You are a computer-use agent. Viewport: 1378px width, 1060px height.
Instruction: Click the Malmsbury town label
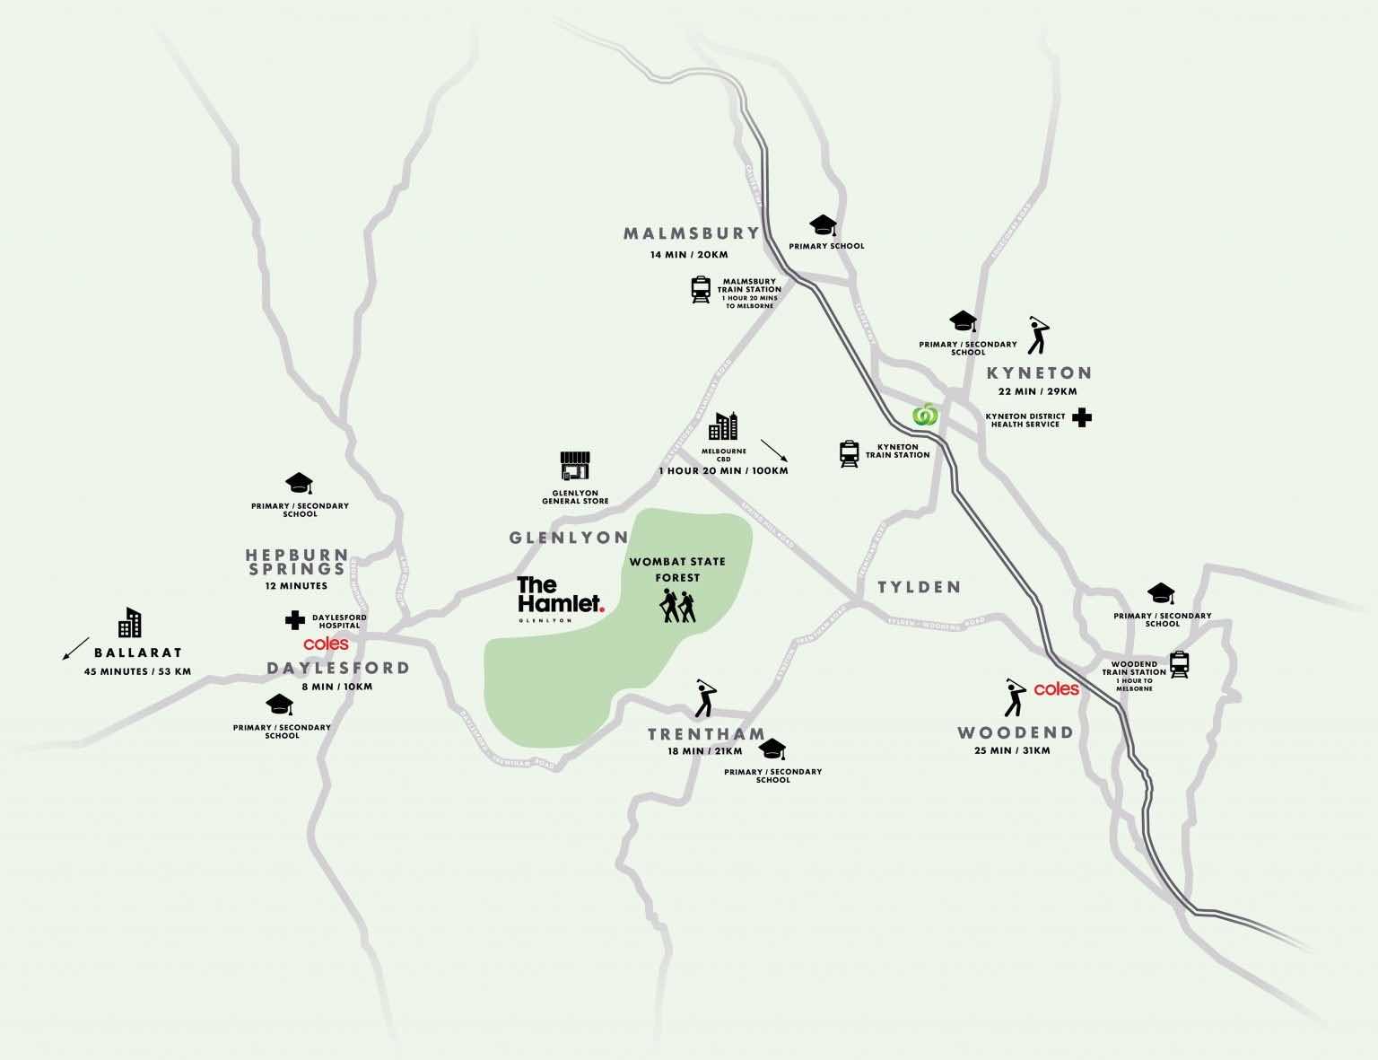tap(691, 233)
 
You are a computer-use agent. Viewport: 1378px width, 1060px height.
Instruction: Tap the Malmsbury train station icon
tap(701, 290)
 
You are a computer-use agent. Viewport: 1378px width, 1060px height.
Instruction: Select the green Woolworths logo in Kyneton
tap(924, 416)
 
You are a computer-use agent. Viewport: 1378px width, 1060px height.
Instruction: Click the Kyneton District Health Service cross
tap(1083, 417)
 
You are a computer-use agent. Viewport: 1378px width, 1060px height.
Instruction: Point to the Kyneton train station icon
tap(849, 454)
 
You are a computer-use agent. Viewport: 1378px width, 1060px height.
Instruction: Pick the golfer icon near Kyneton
tap(1039, 335)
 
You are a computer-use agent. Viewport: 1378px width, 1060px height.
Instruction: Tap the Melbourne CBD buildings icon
tap(723, 427)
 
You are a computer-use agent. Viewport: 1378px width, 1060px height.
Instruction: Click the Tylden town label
tap(919, 587)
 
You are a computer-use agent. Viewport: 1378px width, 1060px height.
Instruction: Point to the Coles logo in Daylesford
tap(326, 644)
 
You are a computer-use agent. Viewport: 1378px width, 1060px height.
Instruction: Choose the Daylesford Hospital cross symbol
tap(293, 620)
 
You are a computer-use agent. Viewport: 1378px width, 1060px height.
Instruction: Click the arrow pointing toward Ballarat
tap(75, 648)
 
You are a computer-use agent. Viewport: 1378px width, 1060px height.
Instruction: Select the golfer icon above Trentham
tap(707, 697)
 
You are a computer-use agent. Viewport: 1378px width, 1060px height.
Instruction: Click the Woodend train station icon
tap(1180, 663)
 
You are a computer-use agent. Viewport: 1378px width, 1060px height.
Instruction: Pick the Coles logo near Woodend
tap(1056, 689)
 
